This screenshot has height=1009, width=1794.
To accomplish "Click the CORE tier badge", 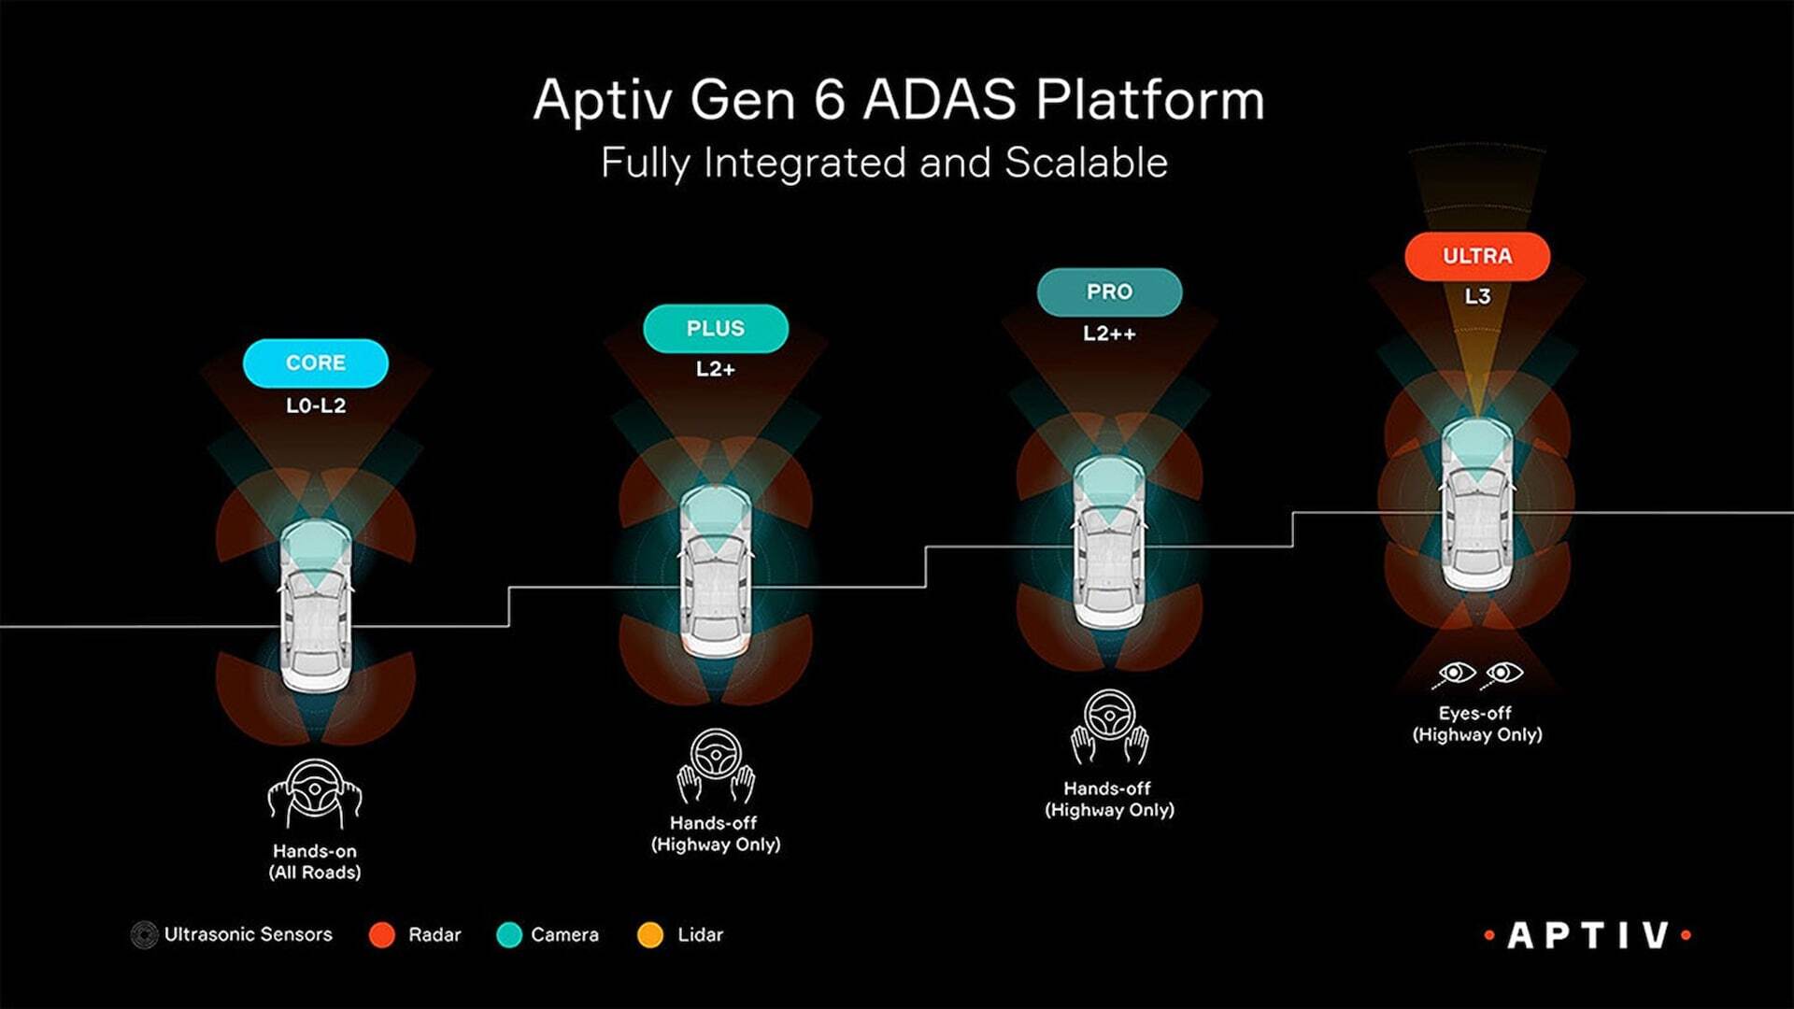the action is click(x=316, y=363).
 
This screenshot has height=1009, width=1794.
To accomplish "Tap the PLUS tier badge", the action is click(x=716, y=329).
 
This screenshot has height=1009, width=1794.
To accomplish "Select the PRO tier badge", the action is click(x=1109, y=292).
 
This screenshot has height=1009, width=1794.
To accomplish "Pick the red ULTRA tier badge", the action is click(x=1477, y=256).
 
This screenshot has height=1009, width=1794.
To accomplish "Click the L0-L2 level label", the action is click(x=316, y=405).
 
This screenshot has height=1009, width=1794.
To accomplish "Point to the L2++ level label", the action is click(x=1109, y=334).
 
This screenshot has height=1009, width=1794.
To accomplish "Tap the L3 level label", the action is click(x=1477, y=296).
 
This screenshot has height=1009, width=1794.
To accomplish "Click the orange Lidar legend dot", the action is click(x=650, y=935).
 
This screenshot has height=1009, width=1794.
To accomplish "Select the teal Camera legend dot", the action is click(x=509, y=935).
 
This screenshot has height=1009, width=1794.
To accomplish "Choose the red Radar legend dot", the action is click(x=382, y=935).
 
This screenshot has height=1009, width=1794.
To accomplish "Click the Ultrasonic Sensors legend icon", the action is click(x=144, y=935).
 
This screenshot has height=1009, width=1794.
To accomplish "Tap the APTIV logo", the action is click(x=1588, y=935).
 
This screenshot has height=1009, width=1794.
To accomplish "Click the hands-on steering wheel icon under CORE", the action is click(x=315, y=794).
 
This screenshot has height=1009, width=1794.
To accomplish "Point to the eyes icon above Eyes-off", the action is click(x=1477, y=675).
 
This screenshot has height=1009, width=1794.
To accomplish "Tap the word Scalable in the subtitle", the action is click(x=1086, y=163).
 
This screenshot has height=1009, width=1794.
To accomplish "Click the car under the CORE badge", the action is click(x=316, y=606).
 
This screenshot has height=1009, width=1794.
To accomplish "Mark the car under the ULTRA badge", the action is click(x=1477, y=504).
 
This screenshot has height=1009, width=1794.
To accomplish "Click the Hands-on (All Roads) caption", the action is click(x=315, y=861).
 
